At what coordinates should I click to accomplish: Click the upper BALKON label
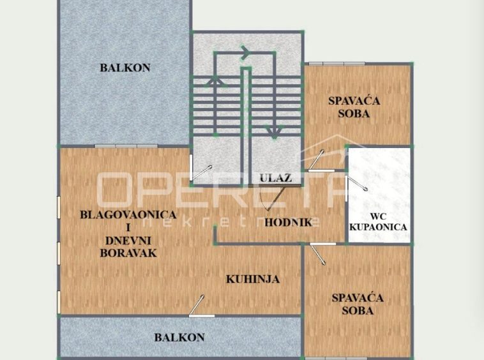[125, 68]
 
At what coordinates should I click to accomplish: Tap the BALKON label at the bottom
[179, 337]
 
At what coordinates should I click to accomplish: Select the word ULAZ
[276, 178]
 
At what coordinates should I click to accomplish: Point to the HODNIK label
[289, 222]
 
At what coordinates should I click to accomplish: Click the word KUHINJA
[253, 279]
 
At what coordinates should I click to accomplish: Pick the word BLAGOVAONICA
[128, 214]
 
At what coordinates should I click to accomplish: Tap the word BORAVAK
[128, 253]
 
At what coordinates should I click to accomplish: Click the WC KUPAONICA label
[378, 221]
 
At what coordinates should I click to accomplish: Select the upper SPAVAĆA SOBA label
[354, 107]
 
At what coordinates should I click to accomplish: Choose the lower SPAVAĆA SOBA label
[358, 304]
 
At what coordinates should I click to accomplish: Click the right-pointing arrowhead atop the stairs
[245, 52]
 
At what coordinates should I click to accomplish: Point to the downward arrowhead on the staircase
[274, 132]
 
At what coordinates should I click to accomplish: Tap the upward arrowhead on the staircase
[215, 81]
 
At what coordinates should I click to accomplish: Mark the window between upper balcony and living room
[126, 146]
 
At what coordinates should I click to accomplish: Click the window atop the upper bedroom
[337, 64]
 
